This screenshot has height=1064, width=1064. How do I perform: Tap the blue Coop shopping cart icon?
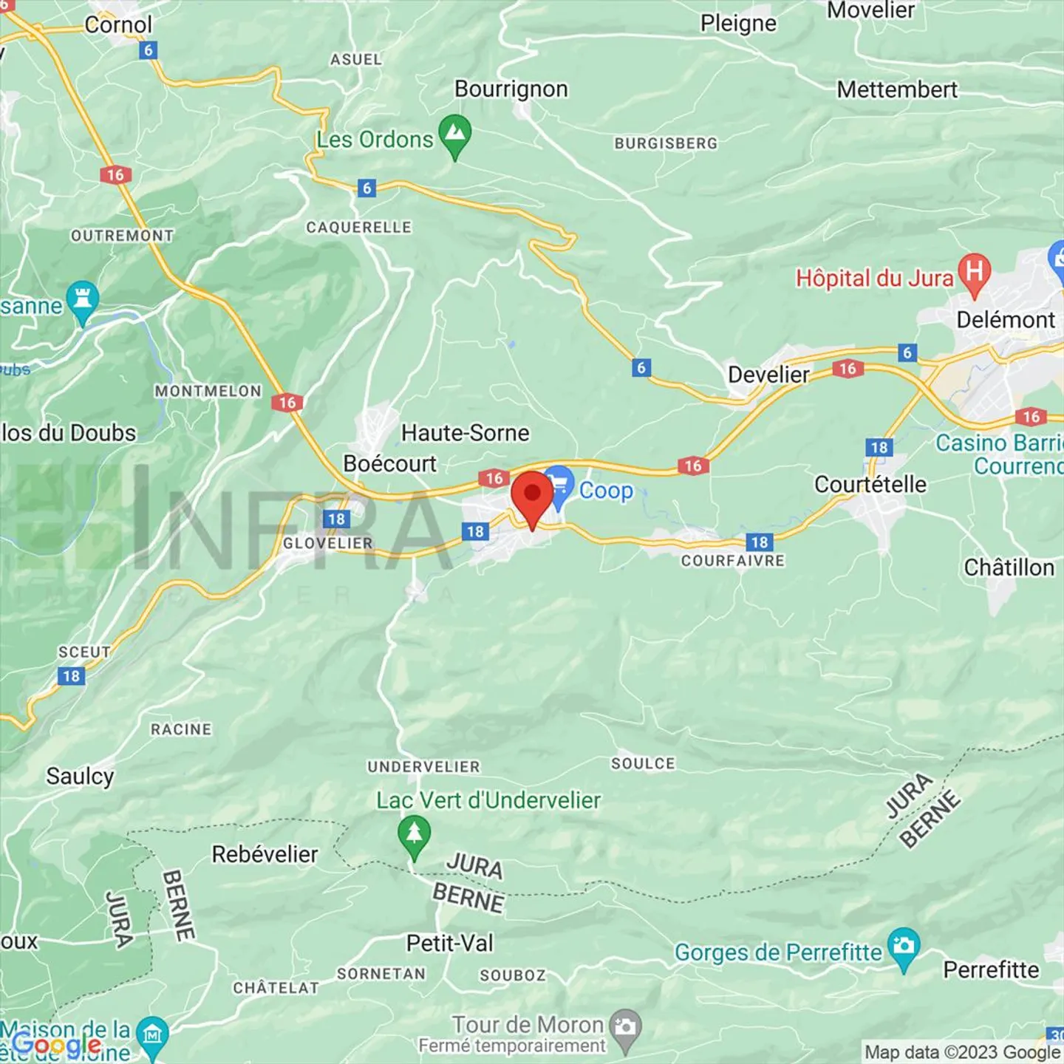[559, 485]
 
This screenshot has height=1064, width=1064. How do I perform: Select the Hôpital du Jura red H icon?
[975, 273]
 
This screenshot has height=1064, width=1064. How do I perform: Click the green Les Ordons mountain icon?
[455, 134]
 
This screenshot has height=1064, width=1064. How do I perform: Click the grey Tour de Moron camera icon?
[626, 1028]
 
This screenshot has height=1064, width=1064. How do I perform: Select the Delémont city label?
[1006, 320]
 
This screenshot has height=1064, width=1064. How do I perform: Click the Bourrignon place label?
[511, 89]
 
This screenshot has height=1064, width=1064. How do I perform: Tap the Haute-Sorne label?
[465, 433]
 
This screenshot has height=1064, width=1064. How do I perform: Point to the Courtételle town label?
[870, 485]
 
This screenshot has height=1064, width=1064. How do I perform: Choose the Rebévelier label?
[265, 855]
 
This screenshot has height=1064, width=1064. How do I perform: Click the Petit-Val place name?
[450, 944]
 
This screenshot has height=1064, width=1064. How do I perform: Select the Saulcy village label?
[81, 777]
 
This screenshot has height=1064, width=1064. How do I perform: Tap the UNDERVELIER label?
[424, 767]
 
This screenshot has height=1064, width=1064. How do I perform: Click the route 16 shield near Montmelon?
[287, 403]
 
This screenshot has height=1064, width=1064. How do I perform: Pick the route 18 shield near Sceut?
[72, 676]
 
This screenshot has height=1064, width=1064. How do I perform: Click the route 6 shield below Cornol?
[149, 50]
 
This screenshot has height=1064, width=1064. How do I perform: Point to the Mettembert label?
[897, 90]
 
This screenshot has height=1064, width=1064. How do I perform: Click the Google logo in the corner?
[56, 1045]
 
